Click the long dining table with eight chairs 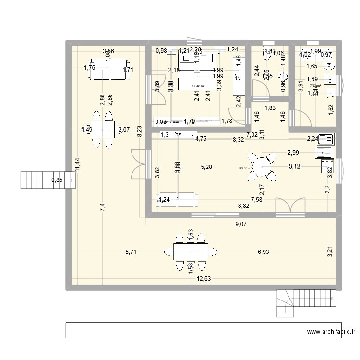[191, 251]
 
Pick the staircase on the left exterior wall [47, 180]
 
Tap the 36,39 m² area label [246, 168]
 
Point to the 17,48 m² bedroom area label [199, 87]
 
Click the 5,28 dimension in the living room [206, 167]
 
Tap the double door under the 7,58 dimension [289, 205]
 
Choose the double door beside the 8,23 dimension [139, 164]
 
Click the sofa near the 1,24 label [177, 198]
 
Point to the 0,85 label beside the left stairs [57, 181]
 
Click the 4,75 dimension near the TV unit [201, 139]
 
